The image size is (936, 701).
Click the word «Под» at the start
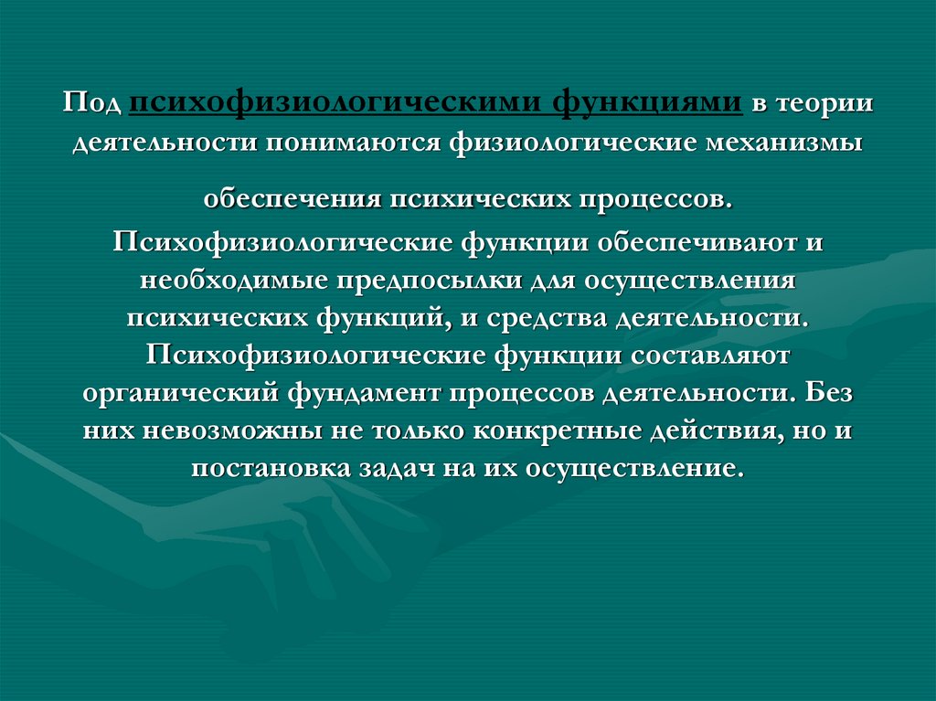[x=93, y=103]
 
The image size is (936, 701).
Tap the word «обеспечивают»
[x=695, y=244]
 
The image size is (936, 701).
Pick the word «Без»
[x=834, y=393]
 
